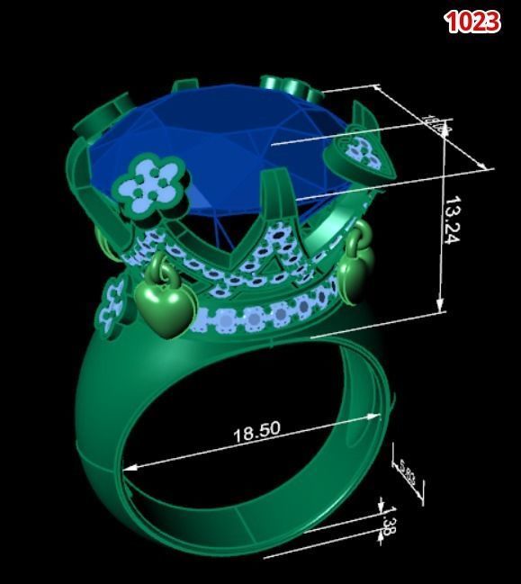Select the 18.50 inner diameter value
(256, 432)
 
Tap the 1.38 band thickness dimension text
(386, 525)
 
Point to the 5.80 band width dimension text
(407, 473)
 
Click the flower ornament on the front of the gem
(156, 183)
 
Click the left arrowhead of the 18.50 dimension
(127, 468)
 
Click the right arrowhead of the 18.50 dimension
(377, 416)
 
